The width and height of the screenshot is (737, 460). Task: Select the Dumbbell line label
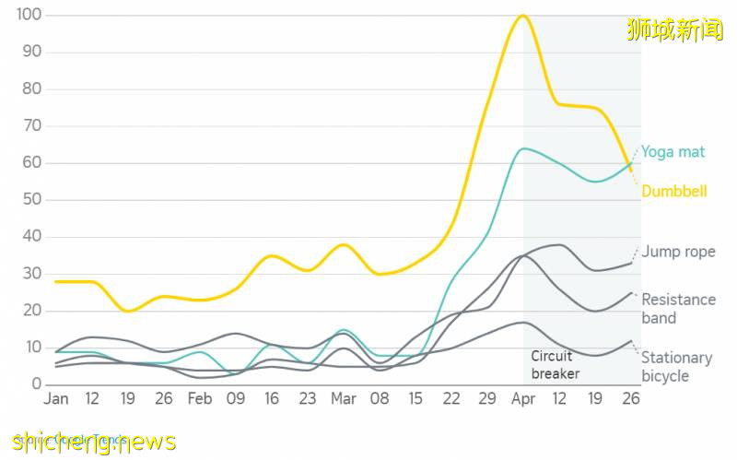[x=673, y=192]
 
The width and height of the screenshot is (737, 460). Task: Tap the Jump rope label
[x=678, y=252]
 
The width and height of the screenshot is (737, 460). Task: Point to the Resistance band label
[x=678, y=309]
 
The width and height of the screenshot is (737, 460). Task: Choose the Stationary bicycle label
[x=676, y=366]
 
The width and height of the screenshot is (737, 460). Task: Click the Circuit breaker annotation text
[x=556, y=365]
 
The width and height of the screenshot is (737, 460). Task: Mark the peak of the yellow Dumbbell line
[x=523, y=16]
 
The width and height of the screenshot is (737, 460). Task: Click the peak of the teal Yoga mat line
[x=523, y=148]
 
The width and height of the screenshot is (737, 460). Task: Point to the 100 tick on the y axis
[x=29, y=15]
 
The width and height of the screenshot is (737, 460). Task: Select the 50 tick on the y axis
[x=31, y=200]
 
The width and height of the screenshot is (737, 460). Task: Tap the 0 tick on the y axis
[x=36, y=384]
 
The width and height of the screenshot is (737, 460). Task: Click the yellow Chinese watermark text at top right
[x=675, y=29]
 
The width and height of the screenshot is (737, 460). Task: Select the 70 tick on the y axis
[x=31, y=126]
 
